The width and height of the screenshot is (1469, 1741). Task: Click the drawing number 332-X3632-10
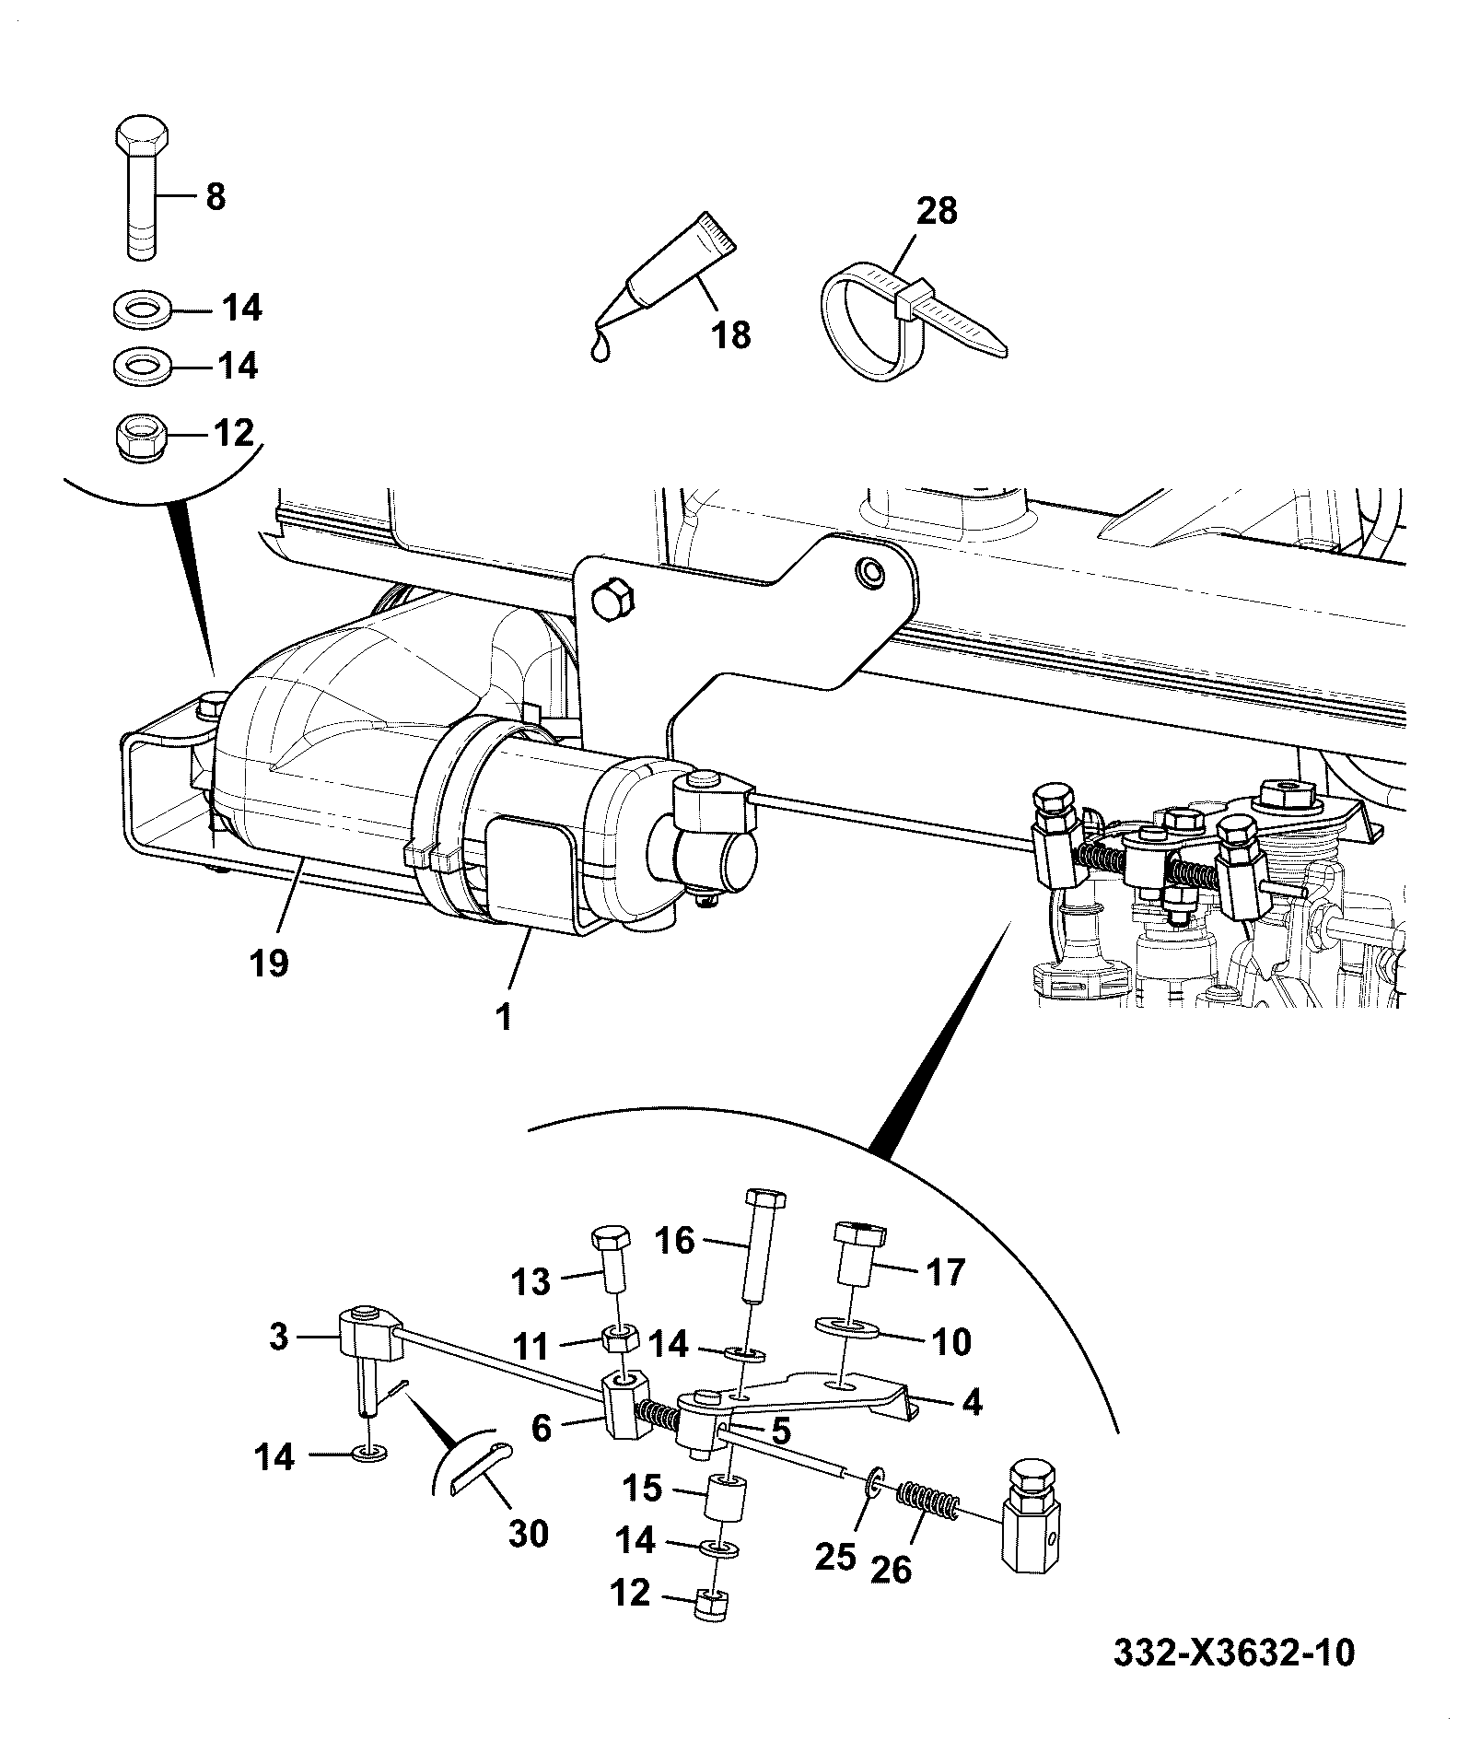coord(1234,1652)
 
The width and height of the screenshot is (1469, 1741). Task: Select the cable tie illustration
coord(912,321)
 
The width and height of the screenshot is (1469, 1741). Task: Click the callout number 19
coord(268,963)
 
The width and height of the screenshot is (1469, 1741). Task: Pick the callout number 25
coord(836,1556)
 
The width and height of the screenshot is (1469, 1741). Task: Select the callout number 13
coord(530,1281)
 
